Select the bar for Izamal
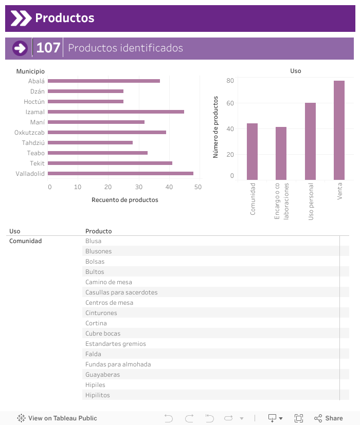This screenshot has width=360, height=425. coord(116,112)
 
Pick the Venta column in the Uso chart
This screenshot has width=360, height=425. coord(339,130)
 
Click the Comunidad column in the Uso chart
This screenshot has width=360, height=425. coord(252,151)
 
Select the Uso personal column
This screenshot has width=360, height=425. coord(310,141)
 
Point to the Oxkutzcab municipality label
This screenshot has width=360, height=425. coord(29,132)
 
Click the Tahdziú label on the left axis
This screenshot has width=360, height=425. coord(33,142)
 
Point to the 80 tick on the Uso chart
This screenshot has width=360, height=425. coord(230,81)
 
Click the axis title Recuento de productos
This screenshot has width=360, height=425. coord(124,199)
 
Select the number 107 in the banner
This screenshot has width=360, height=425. coord(48,48)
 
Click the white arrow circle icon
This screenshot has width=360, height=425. coord(20,48)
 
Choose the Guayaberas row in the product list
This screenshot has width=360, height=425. coord(102,375)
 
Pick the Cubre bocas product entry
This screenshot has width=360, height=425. coord(103,334)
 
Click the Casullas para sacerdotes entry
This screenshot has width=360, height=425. coord(121,292)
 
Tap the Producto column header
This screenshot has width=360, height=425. coord(98,231)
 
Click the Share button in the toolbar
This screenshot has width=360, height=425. coord(329,418)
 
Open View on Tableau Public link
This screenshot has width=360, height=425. coord(57,418)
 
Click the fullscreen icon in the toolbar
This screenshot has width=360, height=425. coord(299,418)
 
